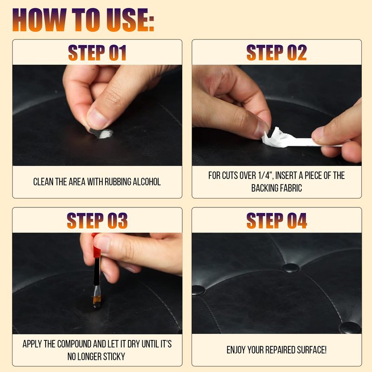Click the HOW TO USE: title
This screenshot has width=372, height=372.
[x=83, y=20]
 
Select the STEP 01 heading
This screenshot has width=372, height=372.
[x=97, y=53]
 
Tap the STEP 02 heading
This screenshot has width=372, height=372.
[x=277, y=53]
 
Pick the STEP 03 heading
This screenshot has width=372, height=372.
[x=97, y=220]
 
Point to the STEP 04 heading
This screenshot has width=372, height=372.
[x=277, y=220]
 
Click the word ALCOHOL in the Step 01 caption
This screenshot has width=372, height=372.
[x=146, y=182]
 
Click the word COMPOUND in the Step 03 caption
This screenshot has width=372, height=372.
[x=74, y=344]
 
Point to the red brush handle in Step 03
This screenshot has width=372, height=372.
[x=96, y=247]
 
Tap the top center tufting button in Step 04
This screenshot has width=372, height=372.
[x=291, y=268]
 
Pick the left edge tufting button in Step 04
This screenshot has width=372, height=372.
[x=199, y=290]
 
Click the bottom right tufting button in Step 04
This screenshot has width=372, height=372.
[x=351, y=328]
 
